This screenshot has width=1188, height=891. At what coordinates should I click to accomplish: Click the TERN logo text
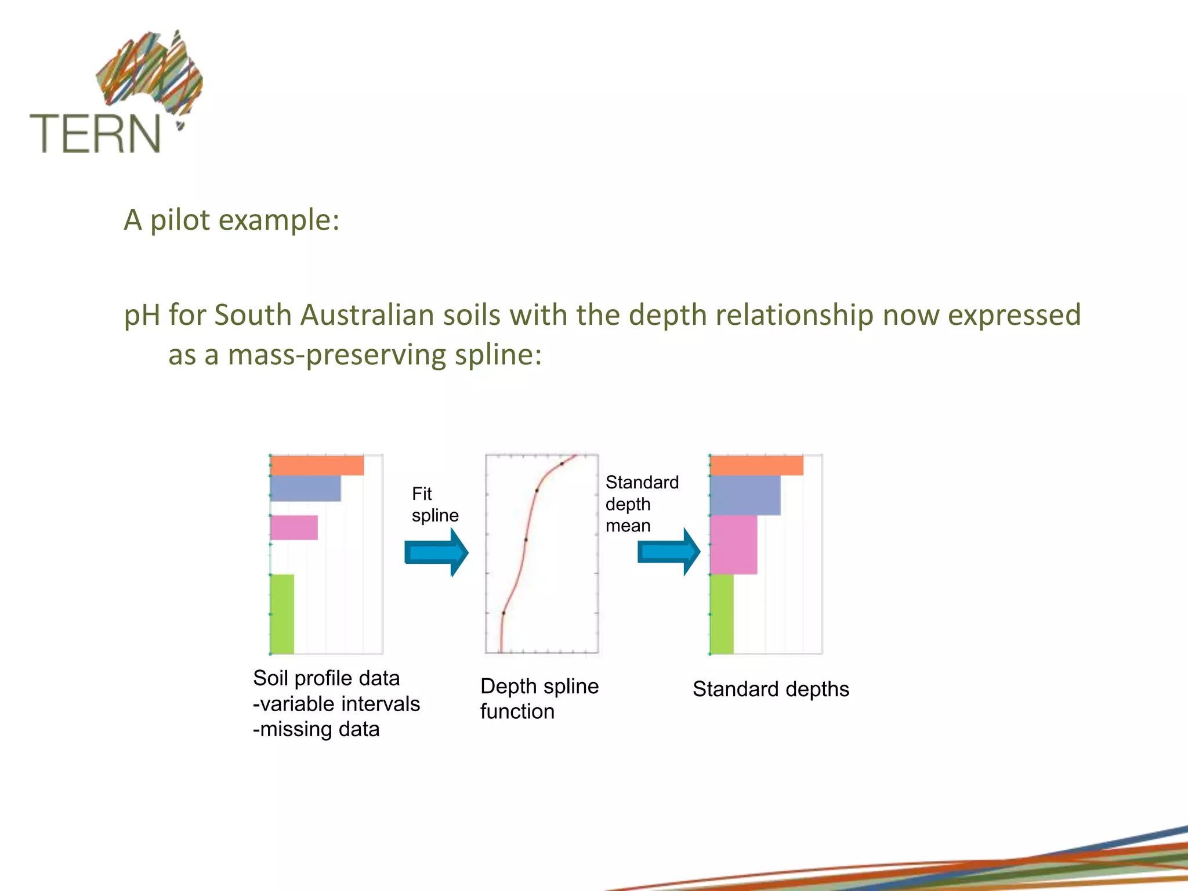95,133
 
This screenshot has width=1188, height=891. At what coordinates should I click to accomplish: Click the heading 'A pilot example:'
231,220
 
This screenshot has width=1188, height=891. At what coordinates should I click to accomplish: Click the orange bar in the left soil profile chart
317,466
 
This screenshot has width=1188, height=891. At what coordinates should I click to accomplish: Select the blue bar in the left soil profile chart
306,488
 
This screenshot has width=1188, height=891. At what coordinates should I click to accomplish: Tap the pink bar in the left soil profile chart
294,527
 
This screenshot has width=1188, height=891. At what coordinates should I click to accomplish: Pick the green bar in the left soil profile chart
282,614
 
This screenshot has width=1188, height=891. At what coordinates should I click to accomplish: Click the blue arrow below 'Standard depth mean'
669,552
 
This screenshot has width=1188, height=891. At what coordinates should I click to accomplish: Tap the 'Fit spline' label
434,504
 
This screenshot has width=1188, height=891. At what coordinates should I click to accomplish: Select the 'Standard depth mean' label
641,504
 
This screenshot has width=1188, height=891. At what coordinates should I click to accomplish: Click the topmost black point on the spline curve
562,463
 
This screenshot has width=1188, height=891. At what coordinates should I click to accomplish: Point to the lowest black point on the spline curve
504,613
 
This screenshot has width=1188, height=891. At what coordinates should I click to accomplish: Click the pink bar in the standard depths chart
734,545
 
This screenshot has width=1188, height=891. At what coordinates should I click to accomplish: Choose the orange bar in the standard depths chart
756,466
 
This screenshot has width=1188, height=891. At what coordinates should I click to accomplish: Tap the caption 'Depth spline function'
539,698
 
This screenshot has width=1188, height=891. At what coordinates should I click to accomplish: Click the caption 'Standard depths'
770,689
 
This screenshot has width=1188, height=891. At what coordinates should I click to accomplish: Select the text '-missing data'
316,729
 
